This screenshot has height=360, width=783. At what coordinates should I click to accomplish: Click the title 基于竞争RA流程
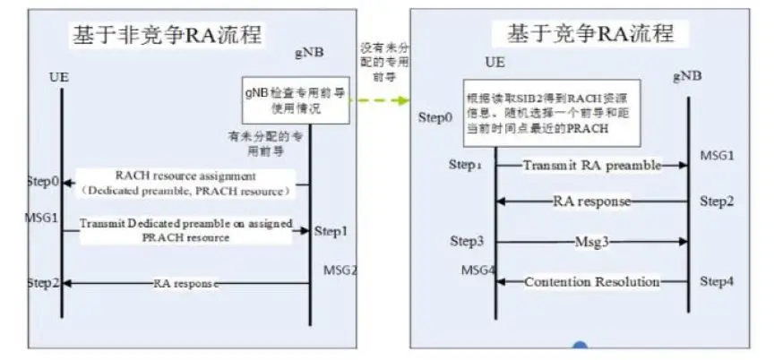coord(590,33)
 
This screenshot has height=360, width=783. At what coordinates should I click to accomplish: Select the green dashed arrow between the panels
coord(377,99)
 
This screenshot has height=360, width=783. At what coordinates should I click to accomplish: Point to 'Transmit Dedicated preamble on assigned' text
coord(186,224)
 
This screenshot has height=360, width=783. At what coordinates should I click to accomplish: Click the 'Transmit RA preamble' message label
coord(591,165)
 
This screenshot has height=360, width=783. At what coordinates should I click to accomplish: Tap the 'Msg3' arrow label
coord(591,242)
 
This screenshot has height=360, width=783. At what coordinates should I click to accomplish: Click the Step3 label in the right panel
coord(467,241)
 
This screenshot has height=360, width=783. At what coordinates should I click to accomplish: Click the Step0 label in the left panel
coord(43,182)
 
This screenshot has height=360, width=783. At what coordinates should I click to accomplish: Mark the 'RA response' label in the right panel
coord(591,201)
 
